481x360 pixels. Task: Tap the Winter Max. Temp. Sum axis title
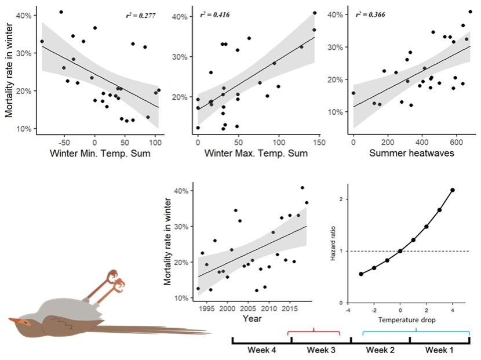[x=256, y=153]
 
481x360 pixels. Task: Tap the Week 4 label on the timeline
[x=261, y=350]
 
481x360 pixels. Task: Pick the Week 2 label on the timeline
[x=380, y=350]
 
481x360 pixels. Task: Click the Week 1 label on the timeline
[x=439, y=350]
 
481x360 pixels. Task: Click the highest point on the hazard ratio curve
[x=453, y=190]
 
